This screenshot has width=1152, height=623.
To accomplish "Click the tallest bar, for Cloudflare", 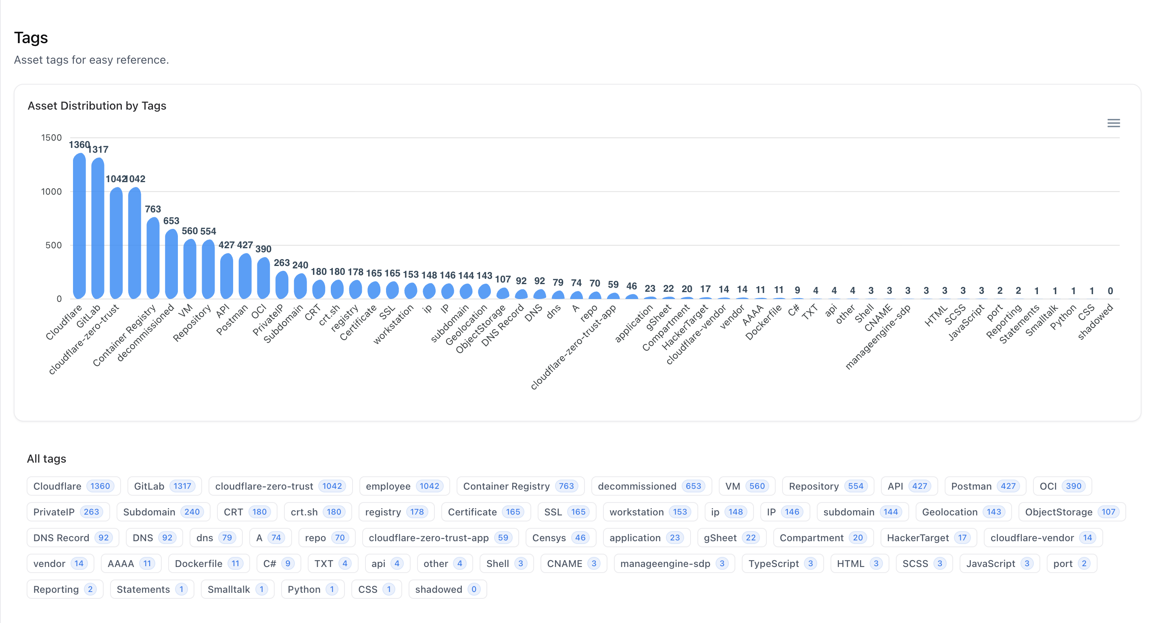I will pos(79,226).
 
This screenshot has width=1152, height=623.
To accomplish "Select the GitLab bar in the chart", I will pos(98,228).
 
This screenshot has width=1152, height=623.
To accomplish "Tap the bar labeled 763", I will pos(153,258).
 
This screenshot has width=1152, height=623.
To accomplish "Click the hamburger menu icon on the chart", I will pos(1113,123).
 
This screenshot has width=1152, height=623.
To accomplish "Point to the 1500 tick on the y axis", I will pos(52,138).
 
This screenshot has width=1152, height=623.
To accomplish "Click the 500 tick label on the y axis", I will pos(53,245).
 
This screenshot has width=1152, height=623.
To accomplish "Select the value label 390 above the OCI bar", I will pos(263,249).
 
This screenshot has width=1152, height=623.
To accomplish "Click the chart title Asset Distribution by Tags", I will pos(96,106).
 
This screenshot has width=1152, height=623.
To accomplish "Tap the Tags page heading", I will pos(31,37).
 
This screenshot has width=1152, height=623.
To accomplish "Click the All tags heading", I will pos(46,459).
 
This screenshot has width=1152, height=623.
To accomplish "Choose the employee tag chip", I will pos(404,486).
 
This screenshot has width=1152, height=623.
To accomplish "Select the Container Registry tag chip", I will pos(520,486).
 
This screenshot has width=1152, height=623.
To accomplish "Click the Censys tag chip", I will pos(560,538).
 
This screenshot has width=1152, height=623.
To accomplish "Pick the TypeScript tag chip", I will pos(782,563).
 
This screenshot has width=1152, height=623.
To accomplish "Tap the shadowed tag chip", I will pos(447,589).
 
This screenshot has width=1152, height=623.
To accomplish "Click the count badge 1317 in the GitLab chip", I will pos(182,486).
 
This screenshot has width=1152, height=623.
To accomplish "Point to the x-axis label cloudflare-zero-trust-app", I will pos(573,348).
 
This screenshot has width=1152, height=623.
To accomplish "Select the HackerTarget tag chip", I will pos(928,538).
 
